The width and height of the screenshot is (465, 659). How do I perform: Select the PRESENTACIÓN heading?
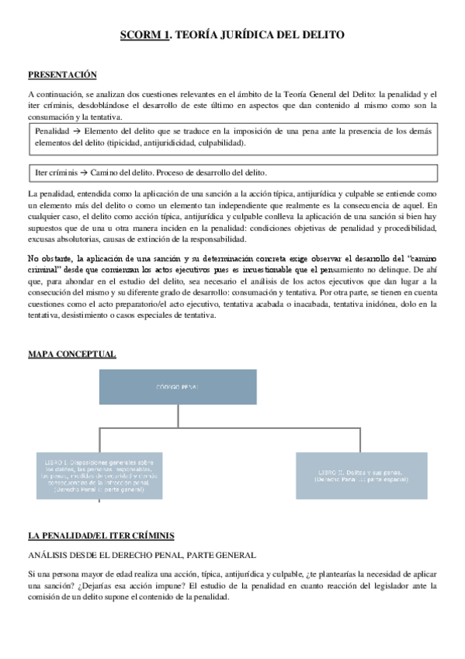click(62, 75)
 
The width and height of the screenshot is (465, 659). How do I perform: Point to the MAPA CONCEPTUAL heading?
click(71, 354)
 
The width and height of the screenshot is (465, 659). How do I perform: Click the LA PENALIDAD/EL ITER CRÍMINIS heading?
click(101, 535)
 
